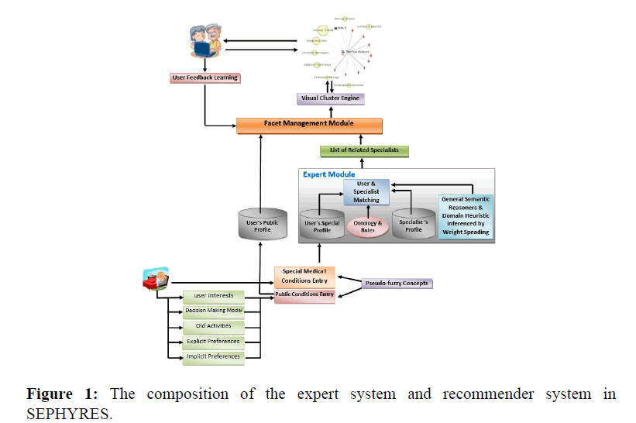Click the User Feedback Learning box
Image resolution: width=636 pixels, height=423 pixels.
pyautogui.click(x=205, y=77)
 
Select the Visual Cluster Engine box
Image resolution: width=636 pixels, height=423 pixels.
pyautogui.click(x=331, y=98)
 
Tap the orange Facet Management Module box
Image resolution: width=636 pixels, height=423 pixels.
pyautogui.click(x=310, y=125)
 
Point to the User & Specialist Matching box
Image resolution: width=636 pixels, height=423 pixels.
pyautogui.click(x=367, y=191)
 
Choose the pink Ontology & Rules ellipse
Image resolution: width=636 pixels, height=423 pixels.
pyautogui.click(x=367, y=227)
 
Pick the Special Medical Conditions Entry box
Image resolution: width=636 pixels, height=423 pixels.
pyautogui.click(x=304, y=275)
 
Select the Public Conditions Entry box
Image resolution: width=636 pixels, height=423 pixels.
pyautogui.click(x=304, y=295)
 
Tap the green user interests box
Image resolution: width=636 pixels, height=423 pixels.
pyautogui.click(x=214, y=296)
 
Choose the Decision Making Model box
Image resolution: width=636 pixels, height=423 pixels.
pyautogui.click(x=214, y=311)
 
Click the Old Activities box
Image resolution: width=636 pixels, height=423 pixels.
pyautogui.click(x=214, y=326)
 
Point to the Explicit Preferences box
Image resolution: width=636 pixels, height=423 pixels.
pyautogui.click(x=214, y=341)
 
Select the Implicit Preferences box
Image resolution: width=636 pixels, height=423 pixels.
pyautogui.click(x=214, y=356)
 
